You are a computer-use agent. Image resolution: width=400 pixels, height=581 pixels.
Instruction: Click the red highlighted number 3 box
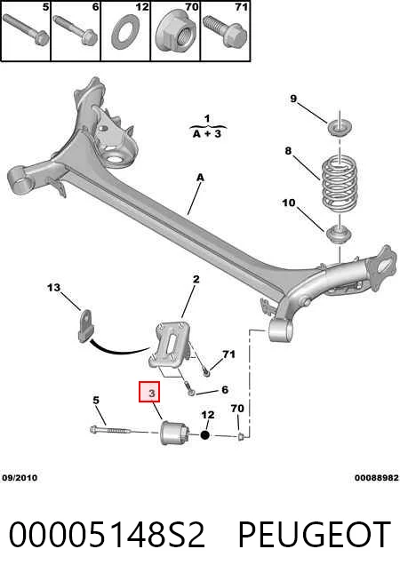149,392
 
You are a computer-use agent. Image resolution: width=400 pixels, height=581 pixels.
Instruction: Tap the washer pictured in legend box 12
125,32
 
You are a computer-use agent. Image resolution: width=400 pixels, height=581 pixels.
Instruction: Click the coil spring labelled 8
340,182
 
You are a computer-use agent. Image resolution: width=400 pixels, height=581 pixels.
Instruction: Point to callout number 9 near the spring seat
293,99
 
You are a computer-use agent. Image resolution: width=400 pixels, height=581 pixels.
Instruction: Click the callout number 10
289,203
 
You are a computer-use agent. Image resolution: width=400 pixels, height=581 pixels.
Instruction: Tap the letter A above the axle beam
200,178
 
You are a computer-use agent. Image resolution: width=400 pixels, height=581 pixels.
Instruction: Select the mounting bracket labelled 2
172,346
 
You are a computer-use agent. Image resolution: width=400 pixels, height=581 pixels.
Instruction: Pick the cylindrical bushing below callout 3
175,432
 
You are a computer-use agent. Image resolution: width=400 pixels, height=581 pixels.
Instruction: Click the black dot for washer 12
205,434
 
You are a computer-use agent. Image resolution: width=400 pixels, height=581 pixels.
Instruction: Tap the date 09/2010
20,478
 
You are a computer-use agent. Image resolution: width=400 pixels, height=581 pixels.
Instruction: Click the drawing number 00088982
377,478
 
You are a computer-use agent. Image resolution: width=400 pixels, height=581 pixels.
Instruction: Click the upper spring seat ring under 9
340,128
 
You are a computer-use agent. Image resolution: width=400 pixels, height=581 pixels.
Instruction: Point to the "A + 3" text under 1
207,134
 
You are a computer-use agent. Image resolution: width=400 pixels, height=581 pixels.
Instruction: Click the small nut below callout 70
241,437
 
